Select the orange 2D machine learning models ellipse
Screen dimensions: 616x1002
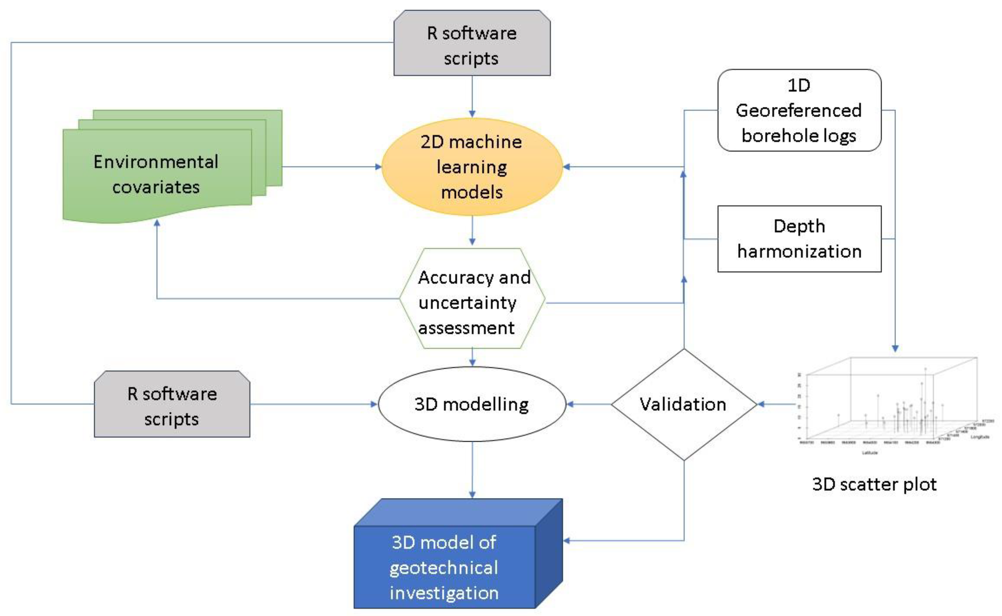[472, 167]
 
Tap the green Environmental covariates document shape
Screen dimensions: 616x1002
[157, 175]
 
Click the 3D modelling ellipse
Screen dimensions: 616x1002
[472, 404]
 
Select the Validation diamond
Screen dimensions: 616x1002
[683, 404]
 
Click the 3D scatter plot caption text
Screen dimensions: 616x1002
[874, 484]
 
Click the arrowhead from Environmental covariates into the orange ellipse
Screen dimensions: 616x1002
[378, 167]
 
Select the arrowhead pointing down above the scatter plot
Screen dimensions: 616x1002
[895, 349]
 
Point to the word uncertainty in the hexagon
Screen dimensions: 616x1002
[467, 303]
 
